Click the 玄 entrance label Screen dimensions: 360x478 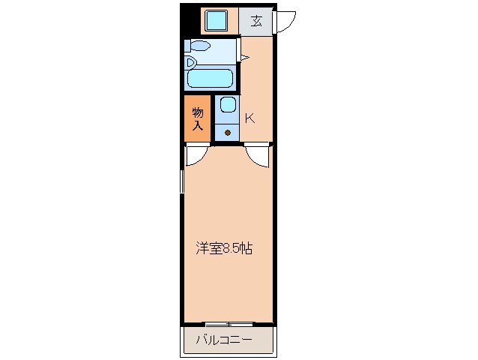coord(256,20)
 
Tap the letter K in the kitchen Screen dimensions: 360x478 coord(250,118)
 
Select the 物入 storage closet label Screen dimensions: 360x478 coord(198,118)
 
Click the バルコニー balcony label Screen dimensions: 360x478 coord(225,340)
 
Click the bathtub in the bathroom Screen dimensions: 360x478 coord(210,79)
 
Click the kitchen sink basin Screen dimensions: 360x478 coord(228,106)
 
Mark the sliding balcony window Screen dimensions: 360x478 coord(229,323)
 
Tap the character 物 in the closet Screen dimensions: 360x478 coord(198,112)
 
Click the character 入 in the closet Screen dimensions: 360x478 coord(198,125)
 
